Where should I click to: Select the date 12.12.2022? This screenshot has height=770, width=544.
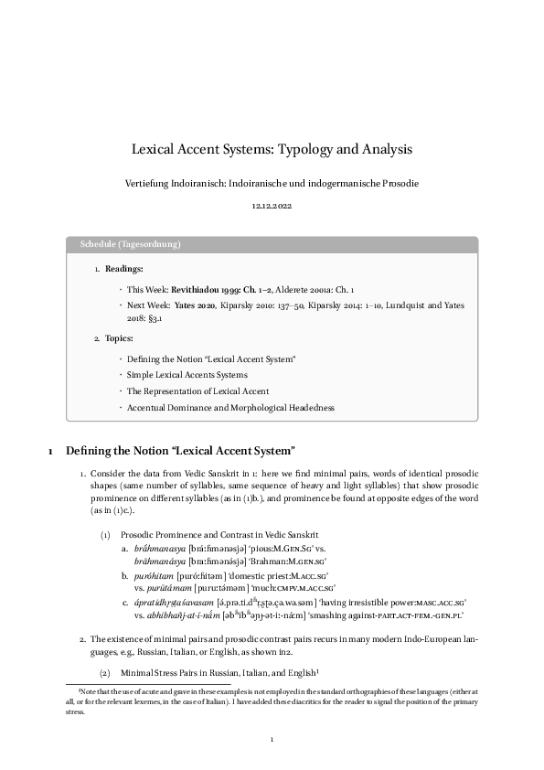pyautogui.click(x=272, y=207)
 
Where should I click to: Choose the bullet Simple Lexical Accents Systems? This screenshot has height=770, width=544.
pyautogui.click(x=187, y=375)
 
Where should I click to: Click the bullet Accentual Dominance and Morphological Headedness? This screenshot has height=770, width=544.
pyautogui.click(x=230, y=407)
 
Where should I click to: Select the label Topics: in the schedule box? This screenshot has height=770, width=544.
pyautogui.click(x=121, y=339)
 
